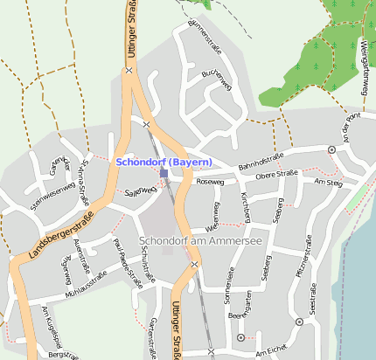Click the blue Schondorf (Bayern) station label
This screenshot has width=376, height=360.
click(164, 163)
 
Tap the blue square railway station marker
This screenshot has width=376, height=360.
click(164, 173)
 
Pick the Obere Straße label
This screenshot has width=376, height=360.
click(276, 176)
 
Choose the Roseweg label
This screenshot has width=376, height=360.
click(211, 183)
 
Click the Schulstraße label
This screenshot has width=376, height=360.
click(146, 266)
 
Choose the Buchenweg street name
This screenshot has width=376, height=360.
click(215, 80)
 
